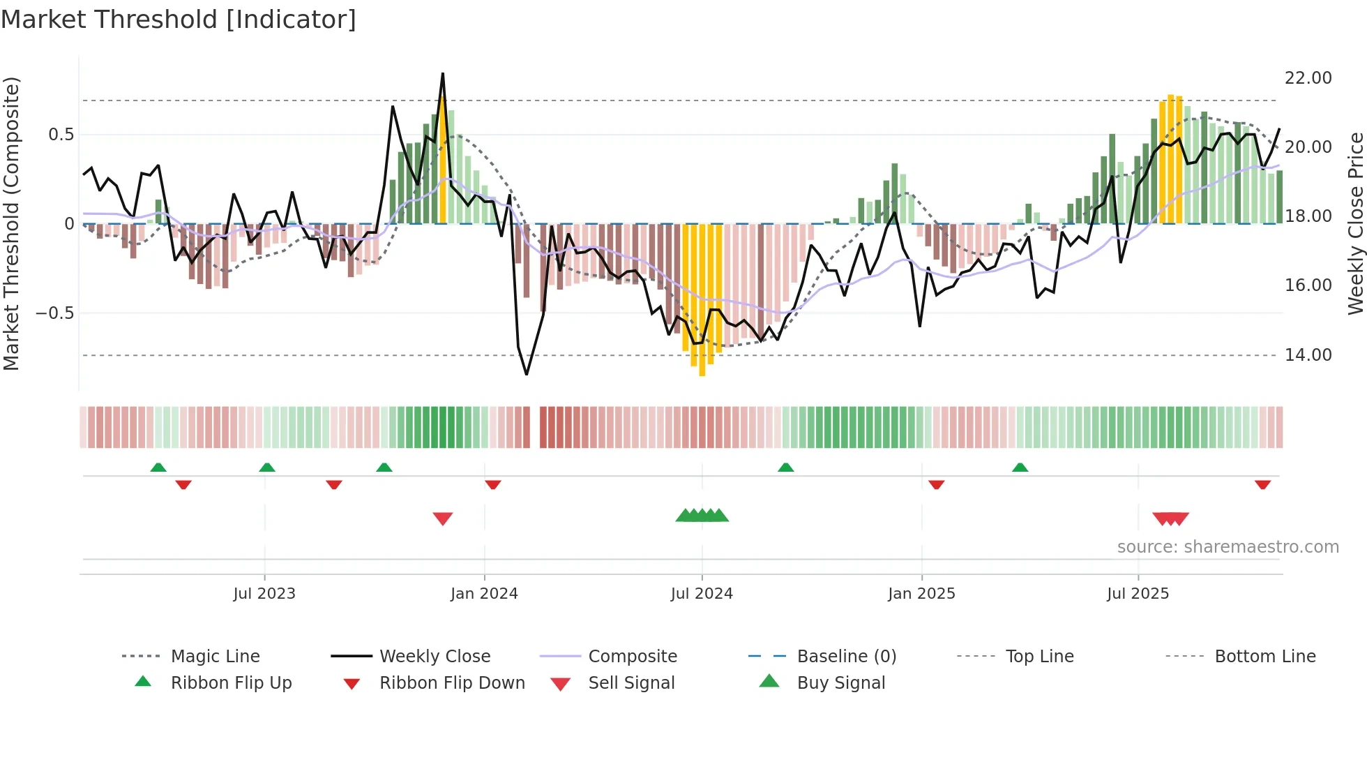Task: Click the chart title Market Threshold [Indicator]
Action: (x=179, y=20)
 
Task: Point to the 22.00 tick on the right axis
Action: (x=1308, y=78)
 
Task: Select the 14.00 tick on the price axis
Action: (x=1308, y=355)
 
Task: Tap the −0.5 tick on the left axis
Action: (x=54, y=313)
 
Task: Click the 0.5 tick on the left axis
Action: (x=61, y=135)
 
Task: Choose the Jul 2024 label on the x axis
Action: (x=702, y=594)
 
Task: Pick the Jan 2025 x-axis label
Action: (x=921, y=594)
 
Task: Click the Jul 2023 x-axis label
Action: (x=264, y=594)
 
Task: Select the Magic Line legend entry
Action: (x=215, y=657)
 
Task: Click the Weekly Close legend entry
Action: (x=435, y=657)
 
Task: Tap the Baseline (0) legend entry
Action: (x=846, y=657)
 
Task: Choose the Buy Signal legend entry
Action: (x=840, y=683)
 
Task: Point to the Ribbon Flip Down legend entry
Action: (x=452, y=683)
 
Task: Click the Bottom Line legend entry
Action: (x=1264, y=657)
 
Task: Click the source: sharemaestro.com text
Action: (x=1228, y=547)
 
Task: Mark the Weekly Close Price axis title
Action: (x=1355, y=223)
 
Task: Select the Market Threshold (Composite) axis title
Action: (x=11, y=223)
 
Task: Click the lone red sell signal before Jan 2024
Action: (x=443, y=518)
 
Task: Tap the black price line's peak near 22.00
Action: (x=443, y=74)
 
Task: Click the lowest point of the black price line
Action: (x=527, y=374)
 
